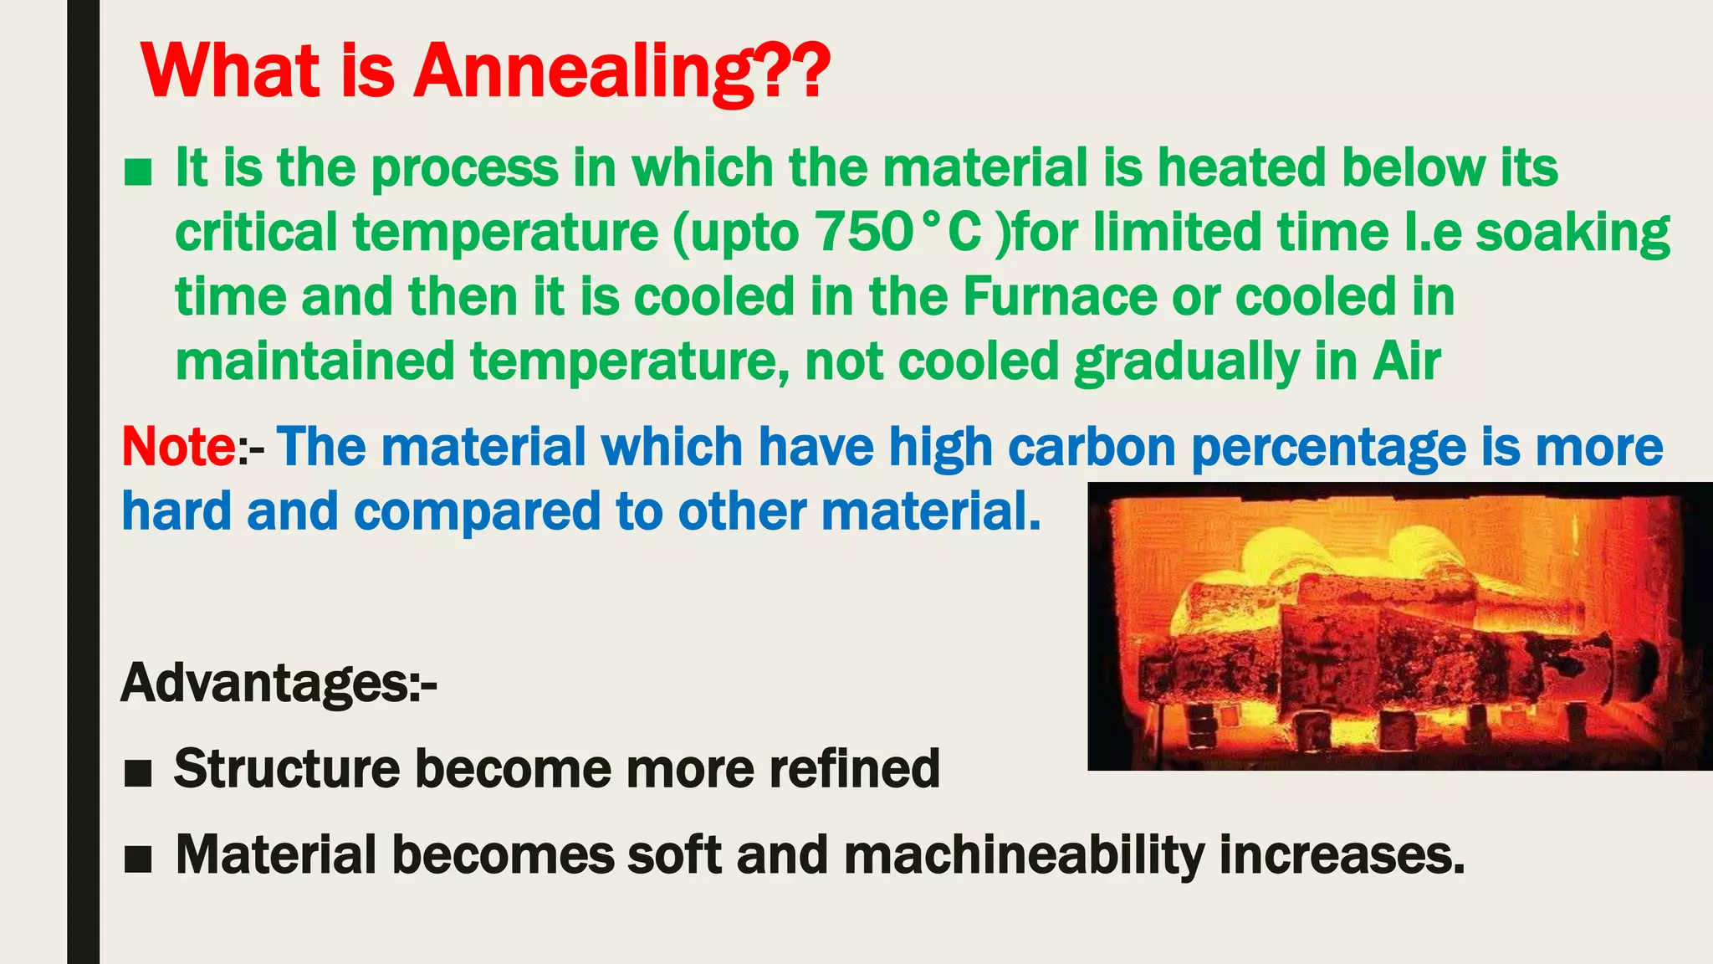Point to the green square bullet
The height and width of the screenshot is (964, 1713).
click(x=137, y=172)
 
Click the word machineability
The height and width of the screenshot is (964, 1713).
click(x=1024, y=855)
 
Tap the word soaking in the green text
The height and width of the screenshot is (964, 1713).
click(x=1572, y=233)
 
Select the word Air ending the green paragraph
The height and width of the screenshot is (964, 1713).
click(x=1406, y=361)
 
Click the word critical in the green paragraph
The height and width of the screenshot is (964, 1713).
click(x=256, y=232)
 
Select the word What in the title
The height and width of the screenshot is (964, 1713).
click(x=231, y=72)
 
